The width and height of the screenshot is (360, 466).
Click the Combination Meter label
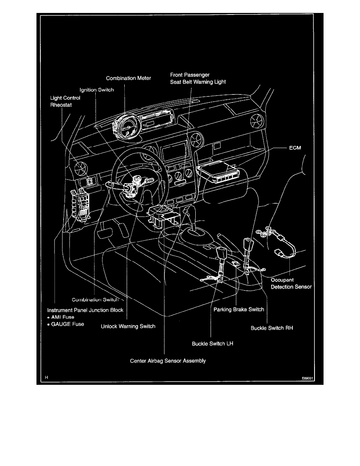[x=129, y=78]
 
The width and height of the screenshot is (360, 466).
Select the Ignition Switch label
[x=96, y=90]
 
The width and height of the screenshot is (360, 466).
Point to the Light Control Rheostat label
[x=65, y=101]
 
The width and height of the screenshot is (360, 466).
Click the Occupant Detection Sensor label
[x=291, y=284]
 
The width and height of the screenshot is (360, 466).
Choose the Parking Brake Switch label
[x=239, y=309]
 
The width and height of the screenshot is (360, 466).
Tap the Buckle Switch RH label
[x=272, y=328]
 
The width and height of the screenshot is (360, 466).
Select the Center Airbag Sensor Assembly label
[x=168, y=360]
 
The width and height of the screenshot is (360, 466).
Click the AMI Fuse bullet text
[x=65, y=317]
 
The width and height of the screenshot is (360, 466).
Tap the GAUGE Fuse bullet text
[x=68, y=324]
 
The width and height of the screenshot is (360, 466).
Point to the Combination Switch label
[x=95, y=300]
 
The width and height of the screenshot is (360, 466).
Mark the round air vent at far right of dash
[x=257, y=122]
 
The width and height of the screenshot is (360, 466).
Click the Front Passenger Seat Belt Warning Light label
[x=198, y=78]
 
